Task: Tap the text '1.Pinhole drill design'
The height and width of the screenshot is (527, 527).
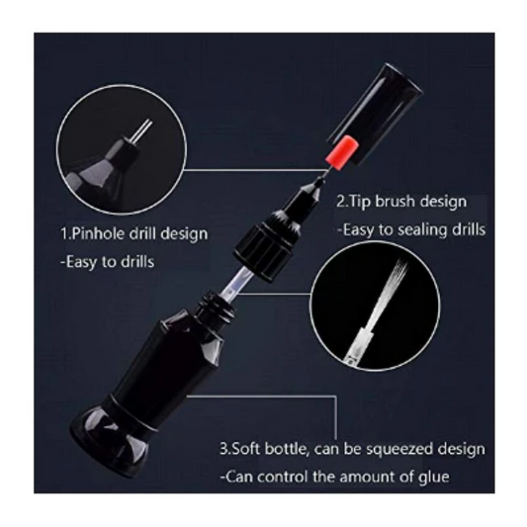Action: click(132, 234)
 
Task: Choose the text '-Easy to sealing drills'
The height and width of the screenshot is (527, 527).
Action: click(410, 229)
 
